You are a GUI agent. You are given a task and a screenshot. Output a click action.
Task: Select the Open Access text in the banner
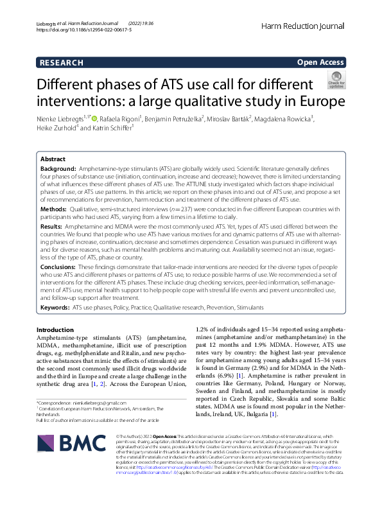click(320, 62)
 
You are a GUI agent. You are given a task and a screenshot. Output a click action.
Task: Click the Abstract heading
click(53, 159)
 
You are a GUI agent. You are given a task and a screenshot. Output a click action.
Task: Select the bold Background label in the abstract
click(58, 168)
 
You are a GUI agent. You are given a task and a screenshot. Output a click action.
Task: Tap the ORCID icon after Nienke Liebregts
click(102, 119)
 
